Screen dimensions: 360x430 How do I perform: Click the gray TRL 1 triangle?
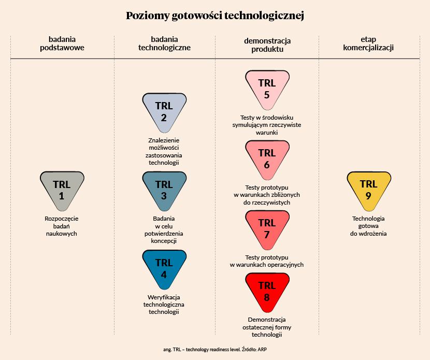(62, 190)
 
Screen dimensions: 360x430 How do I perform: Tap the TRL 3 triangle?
(164, 190)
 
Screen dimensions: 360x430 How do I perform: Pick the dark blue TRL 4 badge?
(164, 268)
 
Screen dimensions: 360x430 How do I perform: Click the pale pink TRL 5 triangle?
(267, 88)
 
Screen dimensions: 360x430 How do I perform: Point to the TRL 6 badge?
(267, 158)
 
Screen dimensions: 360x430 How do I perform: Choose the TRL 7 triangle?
(267, 228)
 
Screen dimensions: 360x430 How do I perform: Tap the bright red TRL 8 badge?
(267, 291)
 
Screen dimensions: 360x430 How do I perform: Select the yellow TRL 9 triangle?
(368, 190)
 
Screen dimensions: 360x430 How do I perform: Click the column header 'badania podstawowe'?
(62, 44)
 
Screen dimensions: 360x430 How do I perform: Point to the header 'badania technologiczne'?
(164, 44)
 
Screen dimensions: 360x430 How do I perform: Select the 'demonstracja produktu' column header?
(267, 45)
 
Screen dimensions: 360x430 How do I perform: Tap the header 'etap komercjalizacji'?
(369, 44)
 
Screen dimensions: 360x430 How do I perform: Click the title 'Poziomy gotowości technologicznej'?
(214, 16)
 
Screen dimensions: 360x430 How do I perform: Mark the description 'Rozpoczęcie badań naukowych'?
(62, 226)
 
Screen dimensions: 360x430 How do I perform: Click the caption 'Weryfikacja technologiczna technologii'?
(164, 304)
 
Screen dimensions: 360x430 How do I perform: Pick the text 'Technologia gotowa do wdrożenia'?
(368, 226)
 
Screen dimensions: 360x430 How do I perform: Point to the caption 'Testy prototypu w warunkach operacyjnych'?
(267, 261)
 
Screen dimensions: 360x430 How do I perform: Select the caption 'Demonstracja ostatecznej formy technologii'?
(267, 327)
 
